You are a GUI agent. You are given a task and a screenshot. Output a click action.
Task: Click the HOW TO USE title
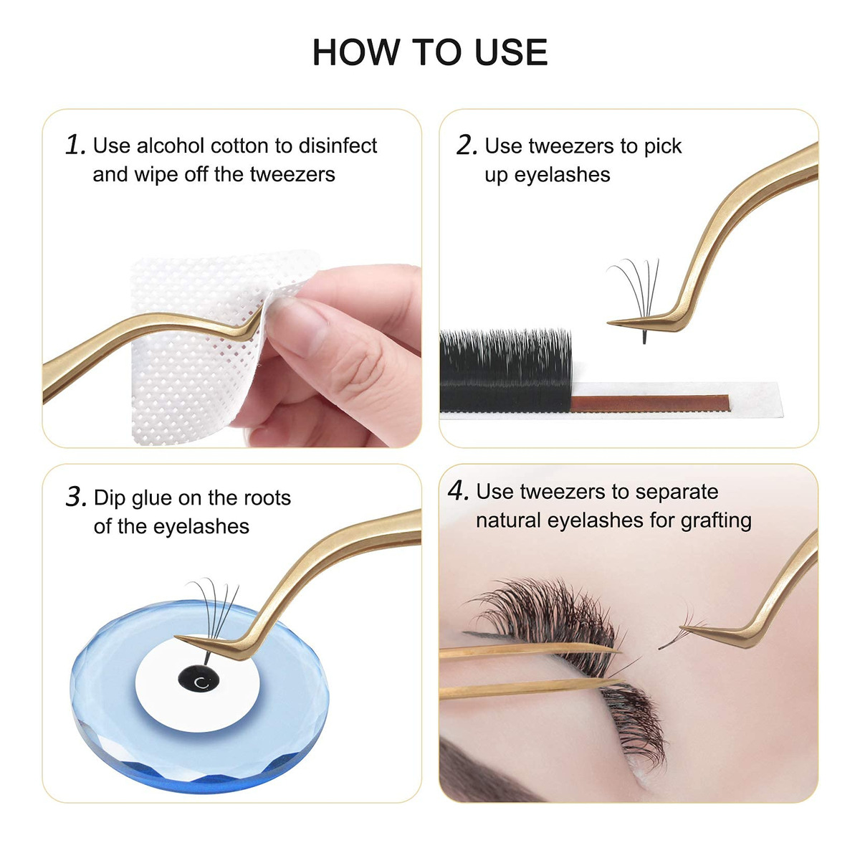click(430, 52)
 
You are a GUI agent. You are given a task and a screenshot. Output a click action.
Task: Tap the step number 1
click(75, 145)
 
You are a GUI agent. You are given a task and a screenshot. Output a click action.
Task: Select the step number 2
click(467, 145)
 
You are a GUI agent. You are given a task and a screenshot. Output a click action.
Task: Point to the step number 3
click(76, 497)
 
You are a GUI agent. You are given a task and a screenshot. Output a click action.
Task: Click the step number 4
click(459, 490)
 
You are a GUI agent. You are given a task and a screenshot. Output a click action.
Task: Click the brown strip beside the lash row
click(649, 403)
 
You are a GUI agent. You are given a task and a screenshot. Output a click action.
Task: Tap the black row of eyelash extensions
click(505, 370)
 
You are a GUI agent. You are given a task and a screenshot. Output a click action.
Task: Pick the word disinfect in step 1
click(338, 146)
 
